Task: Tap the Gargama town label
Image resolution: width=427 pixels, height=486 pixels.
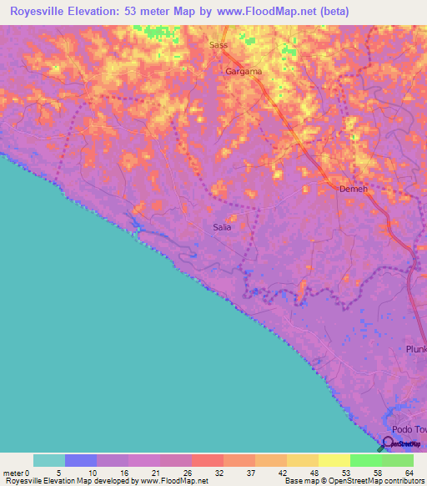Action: click(244, 72)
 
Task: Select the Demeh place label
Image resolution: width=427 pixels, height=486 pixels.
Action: click(354, 189)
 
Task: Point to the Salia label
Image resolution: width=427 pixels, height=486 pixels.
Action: click(222, 226)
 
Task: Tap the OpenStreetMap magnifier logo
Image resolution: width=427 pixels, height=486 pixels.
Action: click(388, 443)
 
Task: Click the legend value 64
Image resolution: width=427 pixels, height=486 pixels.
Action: click(409, 473)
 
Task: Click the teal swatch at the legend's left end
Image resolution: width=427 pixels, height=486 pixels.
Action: click(48, 461)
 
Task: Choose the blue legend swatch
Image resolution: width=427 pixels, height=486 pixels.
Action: click(80, 461)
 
